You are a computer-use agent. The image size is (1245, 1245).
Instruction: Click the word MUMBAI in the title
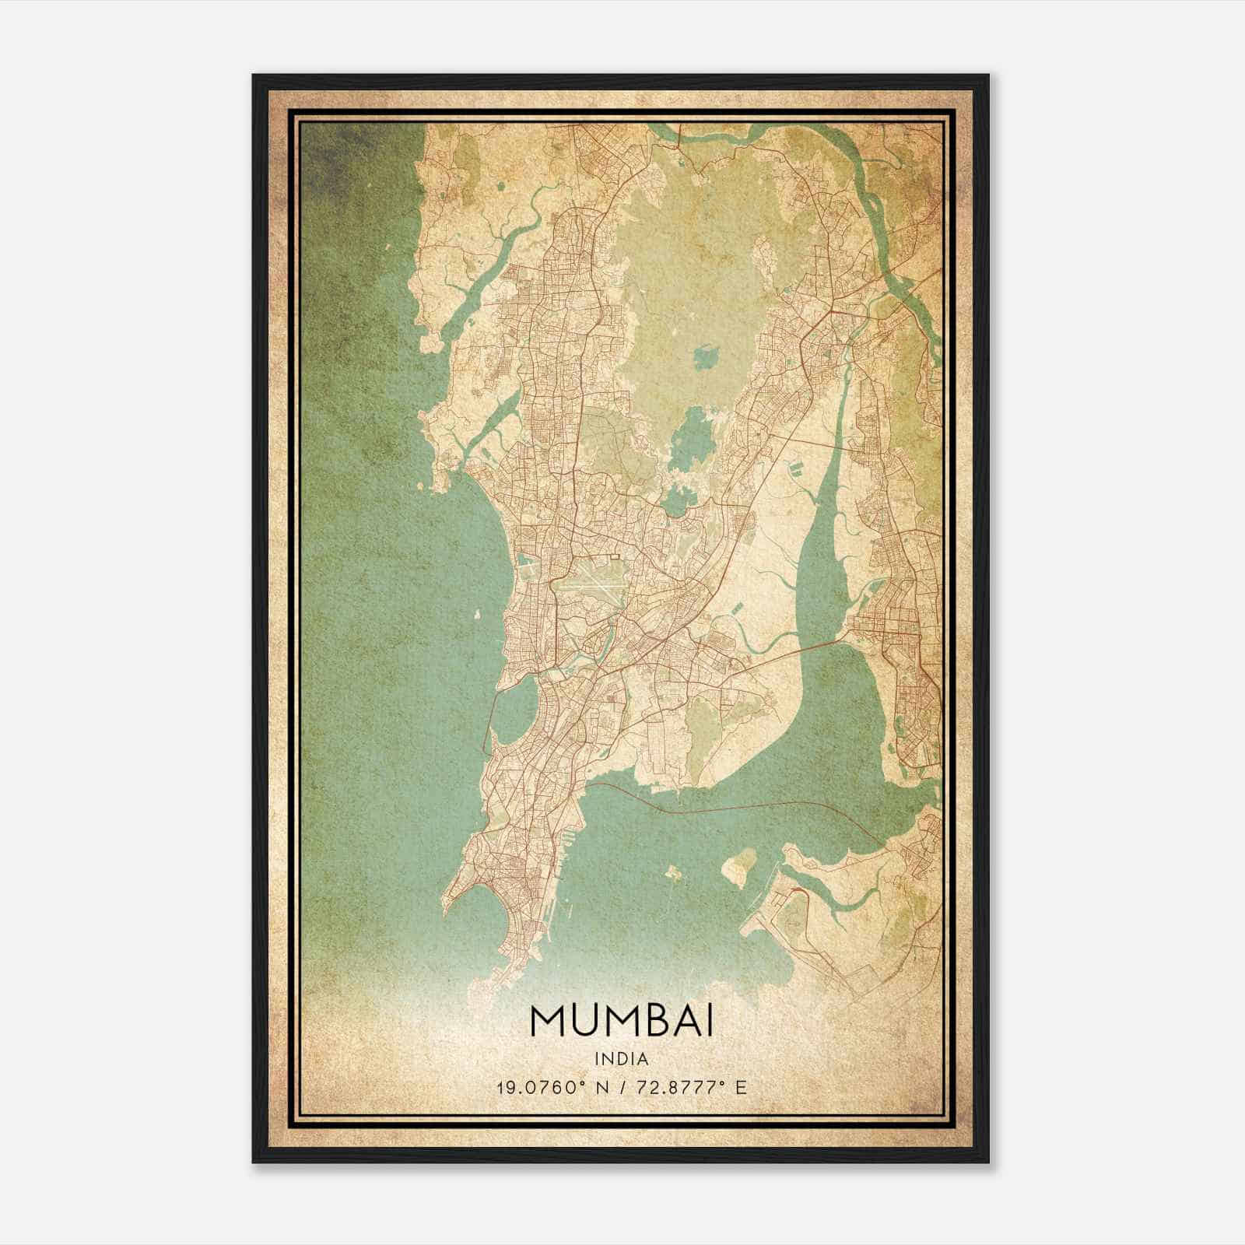click(x=622, y=1021)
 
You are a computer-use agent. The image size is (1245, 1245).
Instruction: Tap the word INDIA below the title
click(x=622, y=1059)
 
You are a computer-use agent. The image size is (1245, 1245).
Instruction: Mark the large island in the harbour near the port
click(x=738, y=864)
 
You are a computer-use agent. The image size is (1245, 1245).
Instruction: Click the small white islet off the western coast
click(x=475, y=614)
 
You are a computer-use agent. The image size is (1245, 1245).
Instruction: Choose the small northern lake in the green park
click(x=707, y=358)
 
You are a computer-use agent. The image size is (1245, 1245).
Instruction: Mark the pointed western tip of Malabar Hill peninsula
click(x=445, y=906)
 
